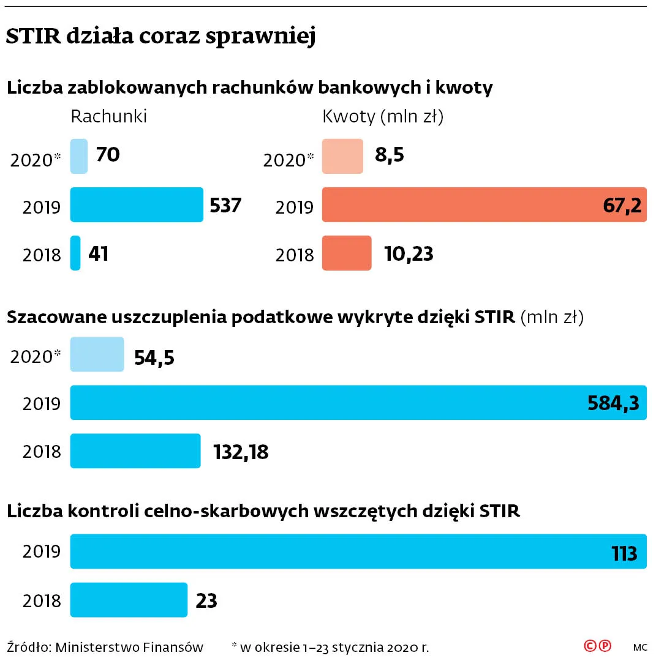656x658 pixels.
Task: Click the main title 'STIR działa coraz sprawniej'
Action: tap(160, 37)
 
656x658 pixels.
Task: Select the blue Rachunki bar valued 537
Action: tap(137, 204)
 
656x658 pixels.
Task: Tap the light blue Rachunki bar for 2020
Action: tap(79, 156)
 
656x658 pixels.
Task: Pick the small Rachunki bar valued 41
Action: tap(75, 253)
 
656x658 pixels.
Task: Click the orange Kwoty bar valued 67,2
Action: tap(484, 204)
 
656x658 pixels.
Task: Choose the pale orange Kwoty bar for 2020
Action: tap(342, 156)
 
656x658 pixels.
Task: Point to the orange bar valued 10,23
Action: tap(347, 253)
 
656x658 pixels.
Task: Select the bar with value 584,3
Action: tap(358, 403)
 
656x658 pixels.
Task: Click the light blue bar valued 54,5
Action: tap(97, 354)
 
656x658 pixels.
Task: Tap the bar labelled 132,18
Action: tap(135, 451)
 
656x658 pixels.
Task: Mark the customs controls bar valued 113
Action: tap(358, 551)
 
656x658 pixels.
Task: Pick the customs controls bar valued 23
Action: tap(129, 600)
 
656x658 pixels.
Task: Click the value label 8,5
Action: tap(390, 155)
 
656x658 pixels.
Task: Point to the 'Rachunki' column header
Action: tap(109, 116)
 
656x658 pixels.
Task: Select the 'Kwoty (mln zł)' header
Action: tap(383, 116)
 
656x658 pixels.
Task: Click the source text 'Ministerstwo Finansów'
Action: tap(129, 646)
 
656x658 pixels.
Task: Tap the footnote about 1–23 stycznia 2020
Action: tap(330, 646)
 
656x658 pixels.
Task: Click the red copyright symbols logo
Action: tap(597, 646)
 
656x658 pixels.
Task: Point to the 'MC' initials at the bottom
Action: tap(640, 647)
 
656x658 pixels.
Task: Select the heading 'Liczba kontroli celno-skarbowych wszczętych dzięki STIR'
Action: tap(263, 511)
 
